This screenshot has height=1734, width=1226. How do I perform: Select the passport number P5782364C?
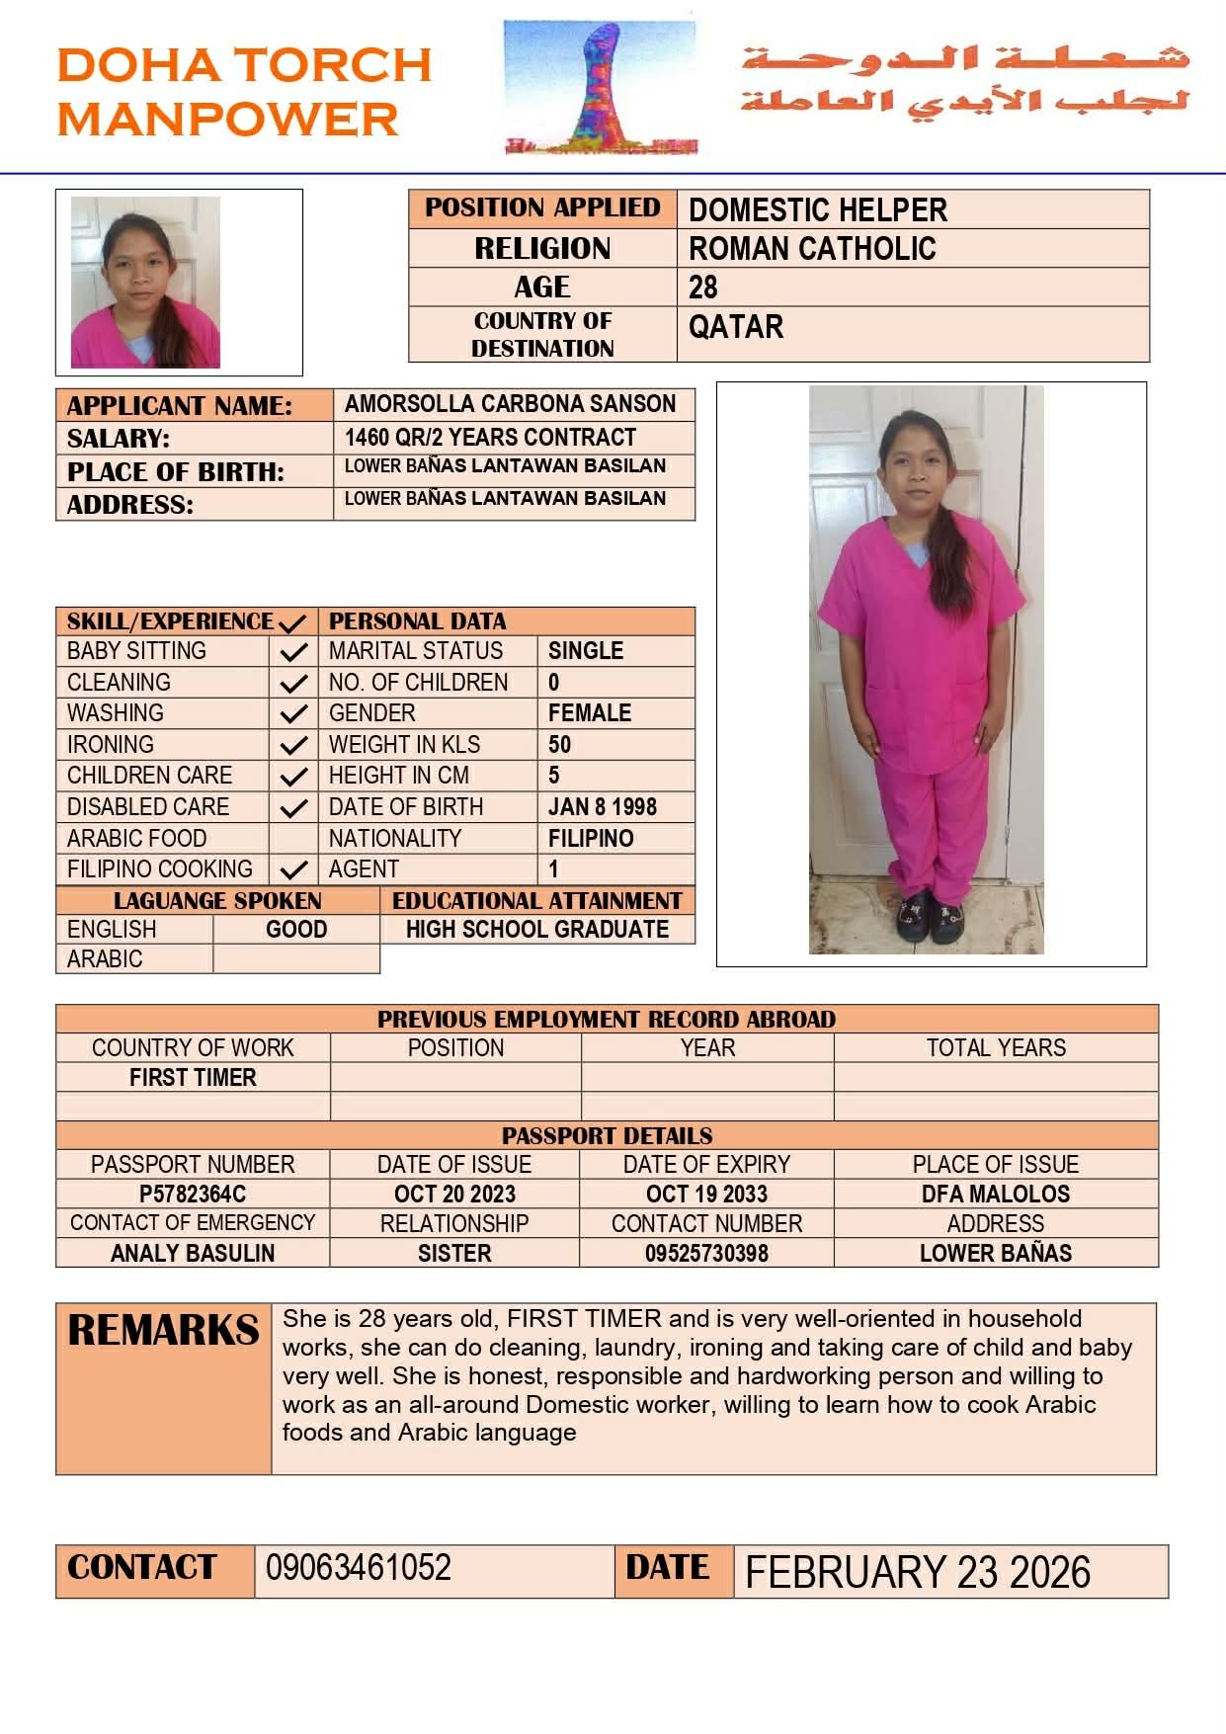coord(193,1194)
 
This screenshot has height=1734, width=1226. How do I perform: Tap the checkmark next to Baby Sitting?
coord(292,652)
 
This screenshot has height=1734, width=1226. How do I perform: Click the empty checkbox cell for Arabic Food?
coord(292,839)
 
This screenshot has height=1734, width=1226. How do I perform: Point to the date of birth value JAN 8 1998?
coord(602,807)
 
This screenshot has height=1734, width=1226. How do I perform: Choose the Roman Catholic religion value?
coord(812,249)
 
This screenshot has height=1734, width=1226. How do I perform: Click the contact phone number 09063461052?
coord(358,1568)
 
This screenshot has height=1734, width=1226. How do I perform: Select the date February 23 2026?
coord(917,1572)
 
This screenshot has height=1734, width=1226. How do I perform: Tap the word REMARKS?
coord(164,1331)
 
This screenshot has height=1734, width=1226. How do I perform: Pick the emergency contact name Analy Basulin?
coord(193,1253)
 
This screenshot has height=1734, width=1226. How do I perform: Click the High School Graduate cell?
coord(537,930)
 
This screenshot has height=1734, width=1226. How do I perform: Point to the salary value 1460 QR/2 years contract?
coord(490,438)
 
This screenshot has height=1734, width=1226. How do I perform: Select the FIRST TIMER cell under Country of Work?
coord(193,1078)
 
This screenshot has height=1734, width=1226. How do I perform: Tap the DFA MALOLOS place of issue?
coord(995,1194)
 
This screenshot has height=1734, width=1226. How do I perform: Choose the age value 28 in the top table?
coord(703,288)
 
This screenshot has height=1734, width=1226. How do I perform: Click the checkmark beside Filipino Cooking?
coord(292,870)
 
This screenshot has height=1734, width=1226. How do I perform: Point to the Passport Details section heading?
coord(607,1135)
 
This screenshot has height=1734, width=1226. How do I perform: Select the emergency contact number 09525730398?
coord(706,1253)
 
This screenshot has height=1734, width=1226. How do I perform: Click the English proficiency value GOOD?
coord(296,930)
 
